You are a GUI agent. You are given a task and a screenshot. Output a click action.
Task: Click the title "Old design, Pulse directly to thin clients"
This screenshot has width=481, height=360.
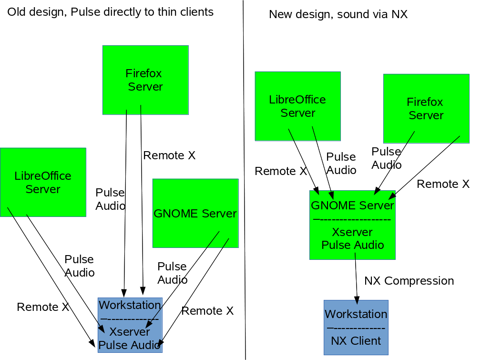point(110,12)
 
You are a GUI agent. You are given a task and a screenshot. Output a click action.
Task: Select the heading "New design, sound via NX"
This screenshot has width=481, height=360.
point(338,14)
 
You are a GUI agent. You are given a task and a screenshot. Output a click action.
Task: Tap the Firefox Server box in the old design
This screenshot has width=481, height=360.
point(145,80)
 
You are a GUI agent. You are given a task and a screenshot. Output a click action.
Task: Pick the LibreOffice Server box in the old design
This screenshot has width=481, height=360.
point(43,182)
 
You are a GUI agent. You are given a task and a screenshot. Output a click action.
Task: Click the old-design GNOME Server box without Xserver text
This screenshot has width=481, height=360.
point(195,213)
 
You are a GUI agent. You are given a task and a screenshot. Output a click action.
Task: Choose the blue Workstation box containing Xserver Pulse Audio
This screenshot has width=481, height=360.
point(130,325)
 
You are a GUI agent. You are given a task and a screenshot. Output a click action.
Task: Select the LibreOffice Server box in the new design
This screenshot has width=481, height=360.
point(297,106)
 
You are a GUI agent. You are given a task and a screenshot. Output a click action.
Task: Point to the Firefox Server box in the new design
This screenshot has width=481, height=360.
point(426,108)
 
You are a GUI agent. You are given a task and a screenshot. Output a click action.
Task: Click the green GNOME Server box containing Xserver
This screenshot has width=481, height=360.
point(352,225)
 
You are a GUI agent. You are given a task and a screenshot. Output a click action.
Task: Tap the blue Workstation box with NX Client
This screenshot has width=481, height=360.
point(356,327)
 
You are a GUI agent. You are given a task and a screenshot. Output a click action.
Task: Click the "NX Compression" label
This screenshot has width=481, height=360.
point(409,280)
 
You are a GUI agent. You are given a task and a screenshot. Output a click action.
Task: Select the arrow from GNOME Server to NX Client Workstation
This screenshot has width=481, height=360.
point(356,279)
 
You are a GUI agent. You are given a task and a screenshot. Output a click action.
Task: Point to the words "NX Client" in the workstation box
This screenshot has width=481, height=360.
point(356,341)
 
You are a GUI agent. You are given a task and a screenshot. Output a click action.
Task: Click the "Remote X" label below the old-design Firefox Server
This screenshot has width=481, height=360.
point(169,155)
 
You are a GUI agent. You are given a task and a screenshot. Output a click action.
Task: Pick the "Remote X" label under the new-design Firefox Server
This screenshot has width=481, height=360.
point(443,184)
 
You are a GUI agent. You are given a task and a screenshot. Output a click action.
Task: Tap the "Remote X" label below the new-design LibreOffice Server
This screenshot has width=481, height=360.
point(281,171)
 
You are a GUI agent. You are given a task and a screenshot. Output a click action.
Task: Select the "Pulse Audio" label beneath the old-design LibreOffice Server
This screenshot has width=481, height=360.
point(80,266)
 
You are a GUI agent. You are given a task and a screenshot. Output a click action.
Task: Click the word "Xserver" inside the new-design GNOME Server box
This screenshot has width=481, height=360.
point(352,232)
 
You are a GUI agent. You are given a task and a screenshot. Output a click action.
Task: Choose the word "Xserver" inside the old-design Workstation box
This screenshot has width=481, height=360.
point(130,331)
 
